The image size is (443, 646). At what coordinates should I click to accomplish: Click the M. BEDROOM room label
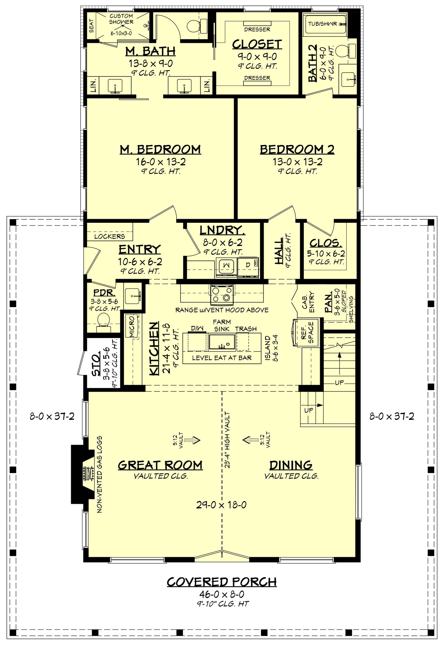click(160, 150)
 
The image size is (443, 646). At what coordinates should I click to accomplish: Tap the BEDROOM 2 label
click(297, 150)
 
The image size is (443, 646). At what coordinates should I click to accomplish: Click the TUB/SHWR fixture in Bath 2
click(326, 24)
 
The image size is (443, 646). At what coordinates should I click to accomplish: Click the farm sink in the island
click(222, 342)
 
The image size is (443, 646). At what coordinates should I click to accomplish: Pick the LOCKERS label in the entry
click(109, 236)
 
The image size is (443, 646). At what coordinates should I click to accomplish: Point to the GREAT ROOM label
click(160, 465)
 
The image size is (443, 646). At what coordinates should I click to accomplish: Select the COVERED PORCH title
click(221, 582)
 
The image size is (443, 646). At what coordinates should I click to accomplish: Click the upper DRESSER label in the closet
click(257, 29)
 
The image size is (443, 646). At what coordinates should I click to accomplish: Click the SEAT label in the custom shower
click(91, 26)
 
